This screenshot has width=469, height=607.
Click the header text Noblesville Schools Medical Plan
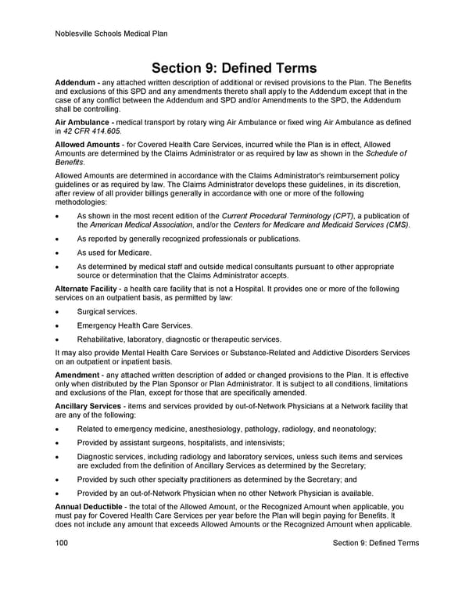(112, 34)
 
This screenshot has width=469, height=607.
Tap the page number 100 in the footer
(63, 544)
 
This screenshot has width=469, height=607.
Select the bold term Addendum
(75, 83)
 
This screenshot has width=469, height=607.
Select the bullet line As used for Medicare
(114, 253)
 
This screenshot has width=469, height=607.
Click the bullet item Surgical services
(106, 311)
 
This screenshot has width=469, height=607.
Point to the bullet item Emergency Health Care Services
(134, 325)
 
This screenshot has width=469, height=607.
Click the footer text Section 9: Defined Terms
(375, 544)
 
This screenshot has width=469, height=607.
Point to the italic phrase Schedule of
(392, 156)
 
